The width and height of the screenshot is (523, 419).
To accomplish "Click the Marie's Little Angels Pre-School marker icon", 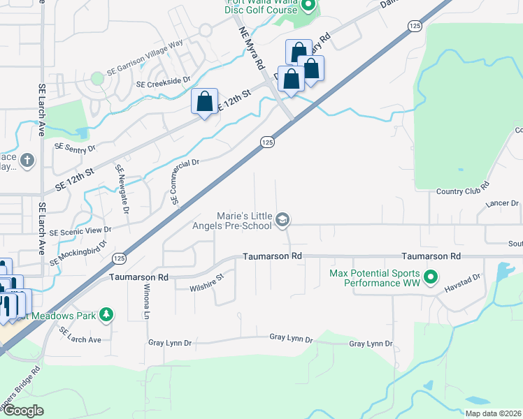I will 282,221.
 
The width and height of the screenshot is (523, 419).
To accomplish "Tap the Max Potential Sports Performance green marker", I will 431,278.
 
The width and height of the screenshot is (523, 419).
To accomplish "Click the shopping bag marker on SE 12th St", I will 204,101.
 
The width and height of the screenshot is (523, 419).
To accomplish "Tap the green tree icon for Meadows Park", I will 106,316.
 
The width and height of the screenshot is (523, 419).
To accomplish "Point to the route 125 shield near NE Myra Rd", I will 267,142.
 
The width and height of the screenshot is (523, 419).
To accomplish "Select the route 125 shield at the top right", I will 415,25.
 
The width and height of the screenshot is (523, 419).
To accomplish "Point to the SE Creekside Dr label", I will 164,82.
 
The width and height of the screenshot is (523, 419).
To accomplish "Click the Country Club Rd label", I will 462,191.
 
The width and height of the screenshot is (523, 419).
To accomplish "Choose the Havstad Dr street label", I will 466,278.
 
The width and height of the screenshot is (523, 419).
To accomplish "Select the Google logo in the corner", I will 22,411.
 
